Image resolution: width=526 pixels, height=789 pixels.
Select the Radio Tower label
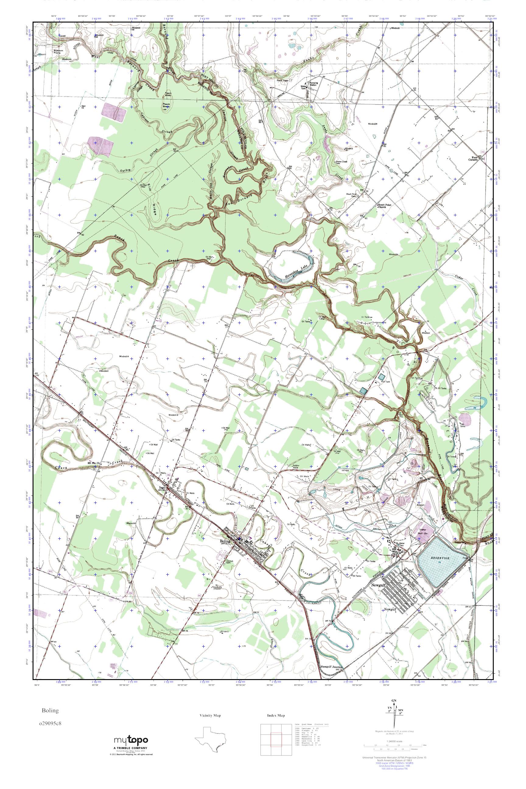click(283, 80)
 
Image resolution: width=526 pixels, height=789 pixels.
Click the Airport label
click(421, 504)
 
